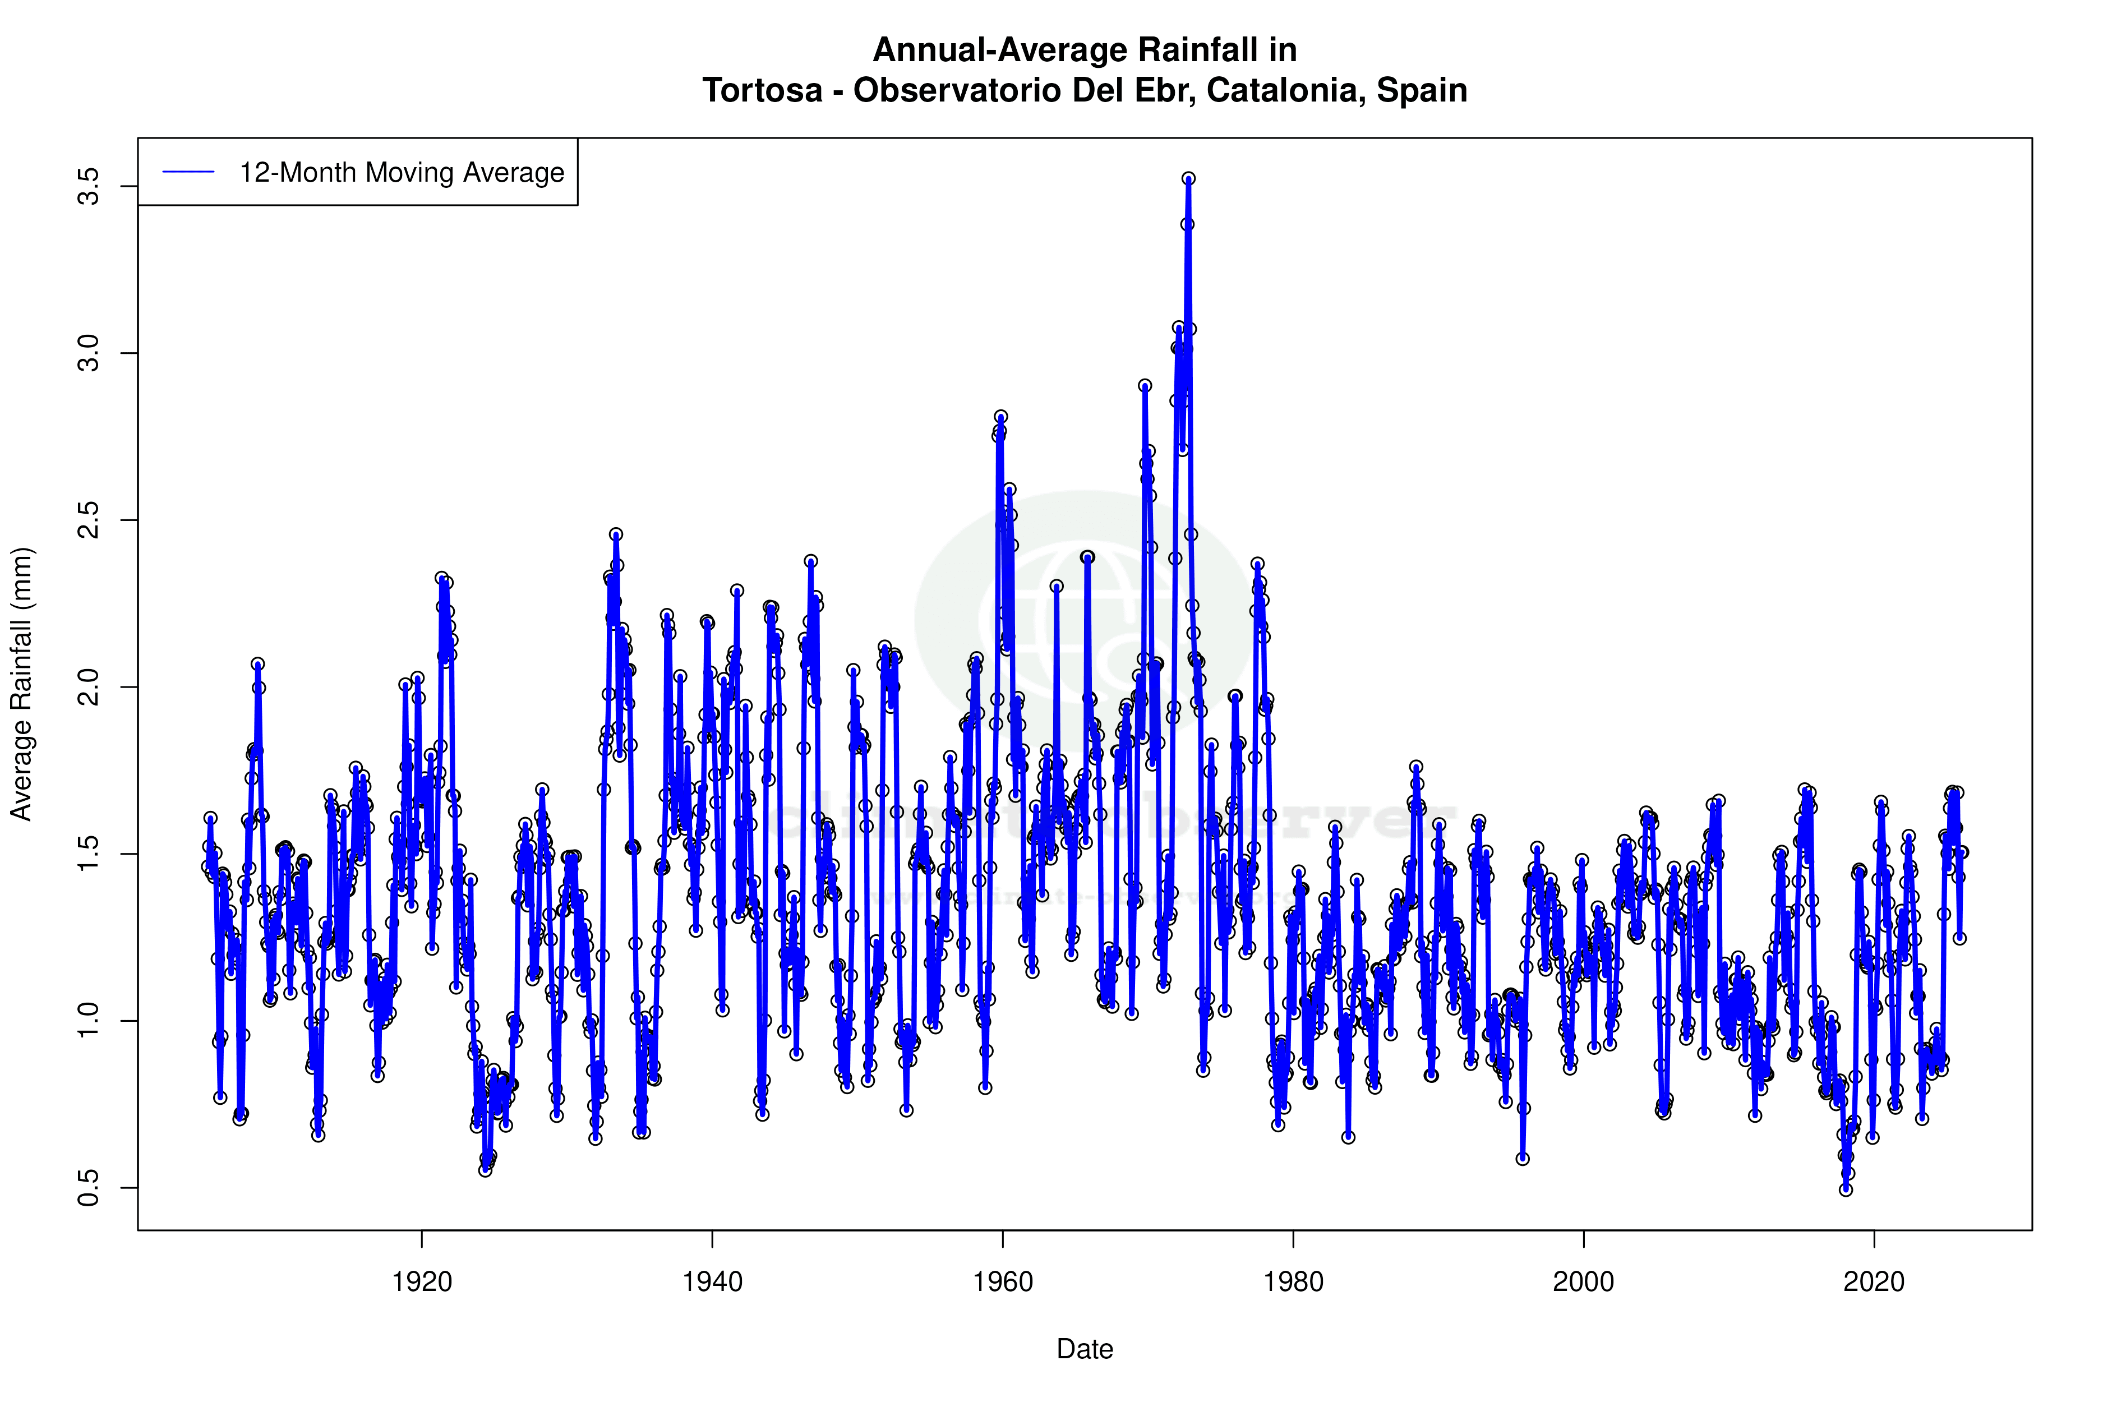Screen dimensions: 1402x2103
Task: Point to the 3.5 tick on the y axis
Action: coord(89,186)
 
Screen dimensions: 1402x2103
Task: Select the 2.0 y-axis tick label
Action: coord(89,686)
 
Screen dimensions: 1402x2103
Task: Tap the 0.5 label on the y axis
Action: coord(89,1187)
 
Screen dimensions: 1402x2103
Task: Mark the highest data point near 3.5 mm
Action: coord(1188,179)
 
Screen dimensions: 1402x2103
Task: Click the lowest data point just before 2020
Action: coord(1846,1189)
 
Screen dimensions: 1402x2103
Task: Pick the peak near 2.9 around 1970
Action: coord(1145,385)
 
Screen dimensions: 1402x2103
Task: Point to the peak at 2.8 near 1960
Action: coord(1000,417)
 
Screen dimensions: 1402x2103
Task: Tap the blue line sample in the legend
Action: coord(188,172)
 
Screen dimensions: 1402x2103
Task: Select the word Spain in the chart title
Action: coord(1422,90)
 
